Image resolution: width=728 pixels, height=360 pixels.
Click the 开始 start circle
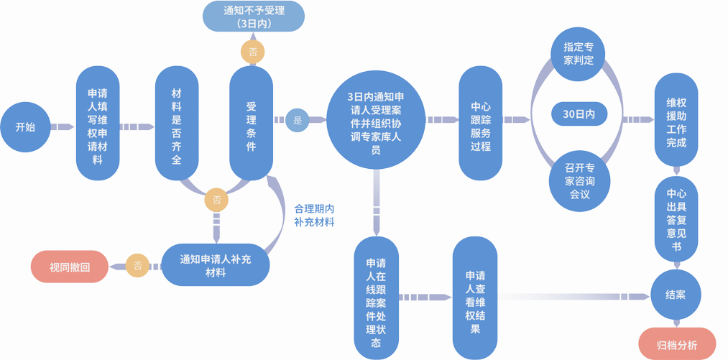click(25, 127)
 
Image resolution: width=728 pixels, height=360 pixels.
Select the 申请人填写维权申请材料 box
click(98, 124)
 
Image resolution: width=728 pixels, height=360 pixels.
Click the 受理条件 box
click(251, 122)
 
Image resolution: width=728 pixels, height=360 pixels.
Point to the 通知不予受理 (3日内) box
click(254, 17)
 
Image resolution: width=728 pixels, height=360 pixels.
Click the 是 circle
click(298, 120)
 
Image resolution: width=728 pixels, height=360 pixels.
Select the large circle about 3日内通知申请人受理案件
click(375, 120)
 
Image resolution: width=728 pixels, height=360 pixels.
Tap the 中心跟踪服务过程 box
click(480, 123)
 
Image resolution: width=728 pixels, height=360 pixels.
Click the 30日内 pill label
click(579, 114)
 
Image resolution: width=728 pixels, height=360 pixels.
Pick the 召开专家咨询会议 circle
click(579, 181)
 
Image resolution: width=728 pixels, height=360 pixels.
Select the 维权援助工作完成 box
click(676, 119)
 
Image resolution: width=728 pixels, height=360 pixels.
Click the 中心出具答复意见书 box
click(676, 218)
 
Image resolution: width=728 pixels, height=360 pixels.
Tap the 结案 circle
click(676, 295)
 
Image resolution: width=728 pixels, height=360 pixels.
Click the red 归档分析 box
click(677, 345)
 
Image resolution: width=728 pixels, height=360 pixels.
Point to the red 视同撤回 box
click(70, 267)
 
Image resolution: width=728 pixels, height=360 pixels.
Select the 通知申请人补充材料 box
click(216, 266)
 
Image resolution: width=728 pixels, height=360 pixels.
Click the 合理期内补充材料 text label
click(314, 215)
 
